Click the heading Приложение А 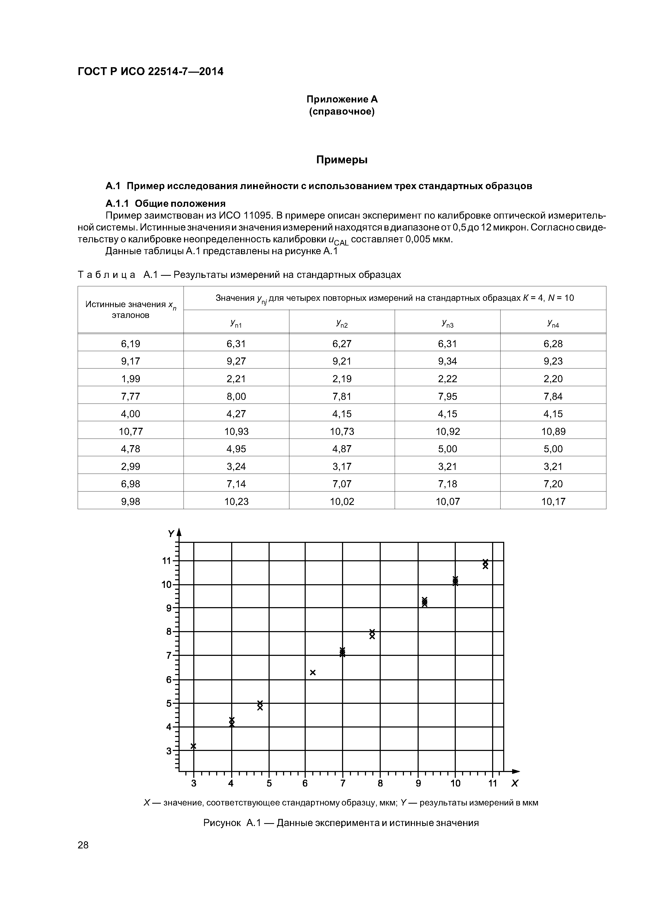342,99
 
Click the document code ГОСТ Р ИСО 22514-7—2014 150,72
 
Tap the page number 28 83,845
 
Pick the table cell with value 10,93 236,431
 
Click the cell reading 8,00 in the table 236,396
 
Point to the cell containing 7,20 553,484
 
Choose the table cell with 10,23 236,502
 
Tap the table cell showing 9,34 447,361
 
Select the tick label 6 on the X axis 305,783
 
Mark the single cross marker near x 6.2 313,672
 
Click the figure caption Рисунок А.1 341,823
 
